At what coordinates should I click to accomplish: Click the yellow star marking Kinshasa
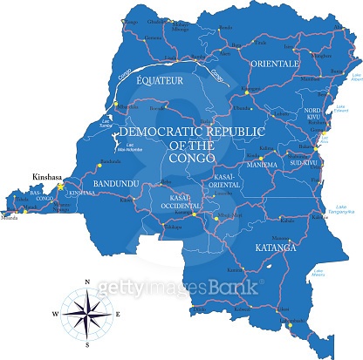point(60,186)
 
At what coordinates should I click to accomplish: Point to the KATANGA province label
point(275,248)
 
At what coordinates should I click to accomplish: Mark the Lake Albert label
point(355,78)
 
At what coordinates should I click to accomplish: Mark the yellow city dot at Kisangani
point(247,90)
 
